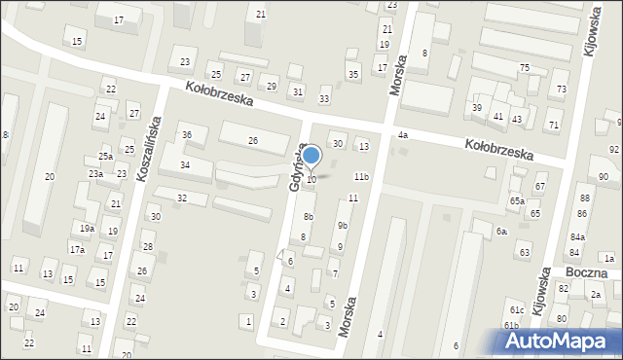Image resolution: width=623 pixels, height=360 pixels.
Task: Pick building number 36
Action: pyautogui.click(x=187, y=134)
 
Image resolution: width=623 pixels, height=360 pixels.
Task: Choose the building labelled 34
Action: pyautogui.click(x=183, y=165)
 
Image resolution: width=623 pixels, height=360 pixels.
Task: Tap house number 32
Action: pyautogui.click(x=181, y=198)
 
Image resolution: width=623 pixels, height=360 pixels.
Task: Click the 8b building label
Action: pyautogui.click(x=308, y=216)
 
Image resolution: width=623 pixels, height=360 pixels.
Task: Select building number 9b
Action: pyautogui.click(x=342, y=226)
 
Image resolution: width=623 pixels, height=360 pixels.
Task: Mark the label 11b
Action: pyautogui.click(x=361, y=176)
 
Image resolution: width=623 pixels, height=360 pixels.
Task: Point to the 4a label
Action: pyautogui.click(x=401, y=135)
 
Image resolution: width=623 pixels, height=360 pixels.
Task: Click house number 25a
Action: pyautogui.click(x=105, y=156)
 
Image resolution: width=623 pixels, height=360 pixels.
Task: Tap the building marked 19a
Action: pyautogui.click(x=87, y=228)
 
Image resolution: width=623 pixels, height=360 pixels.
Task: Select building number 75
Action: pyautogui.click(x=524, y=67)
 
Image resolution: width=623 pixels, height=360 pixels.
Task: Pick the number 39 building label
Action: pyautogui.click(x=477, y=107)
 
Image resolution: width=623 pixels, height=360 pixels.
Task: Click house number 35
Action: pyautogui.click(x=352, y=75)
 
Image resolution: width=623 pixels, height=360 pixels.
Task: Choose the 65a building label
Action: pyautogui.click(x=517, y=200)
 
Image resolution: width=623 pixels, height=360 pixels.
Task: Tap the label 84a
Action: pyautogui.click(x=578, y=236)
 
